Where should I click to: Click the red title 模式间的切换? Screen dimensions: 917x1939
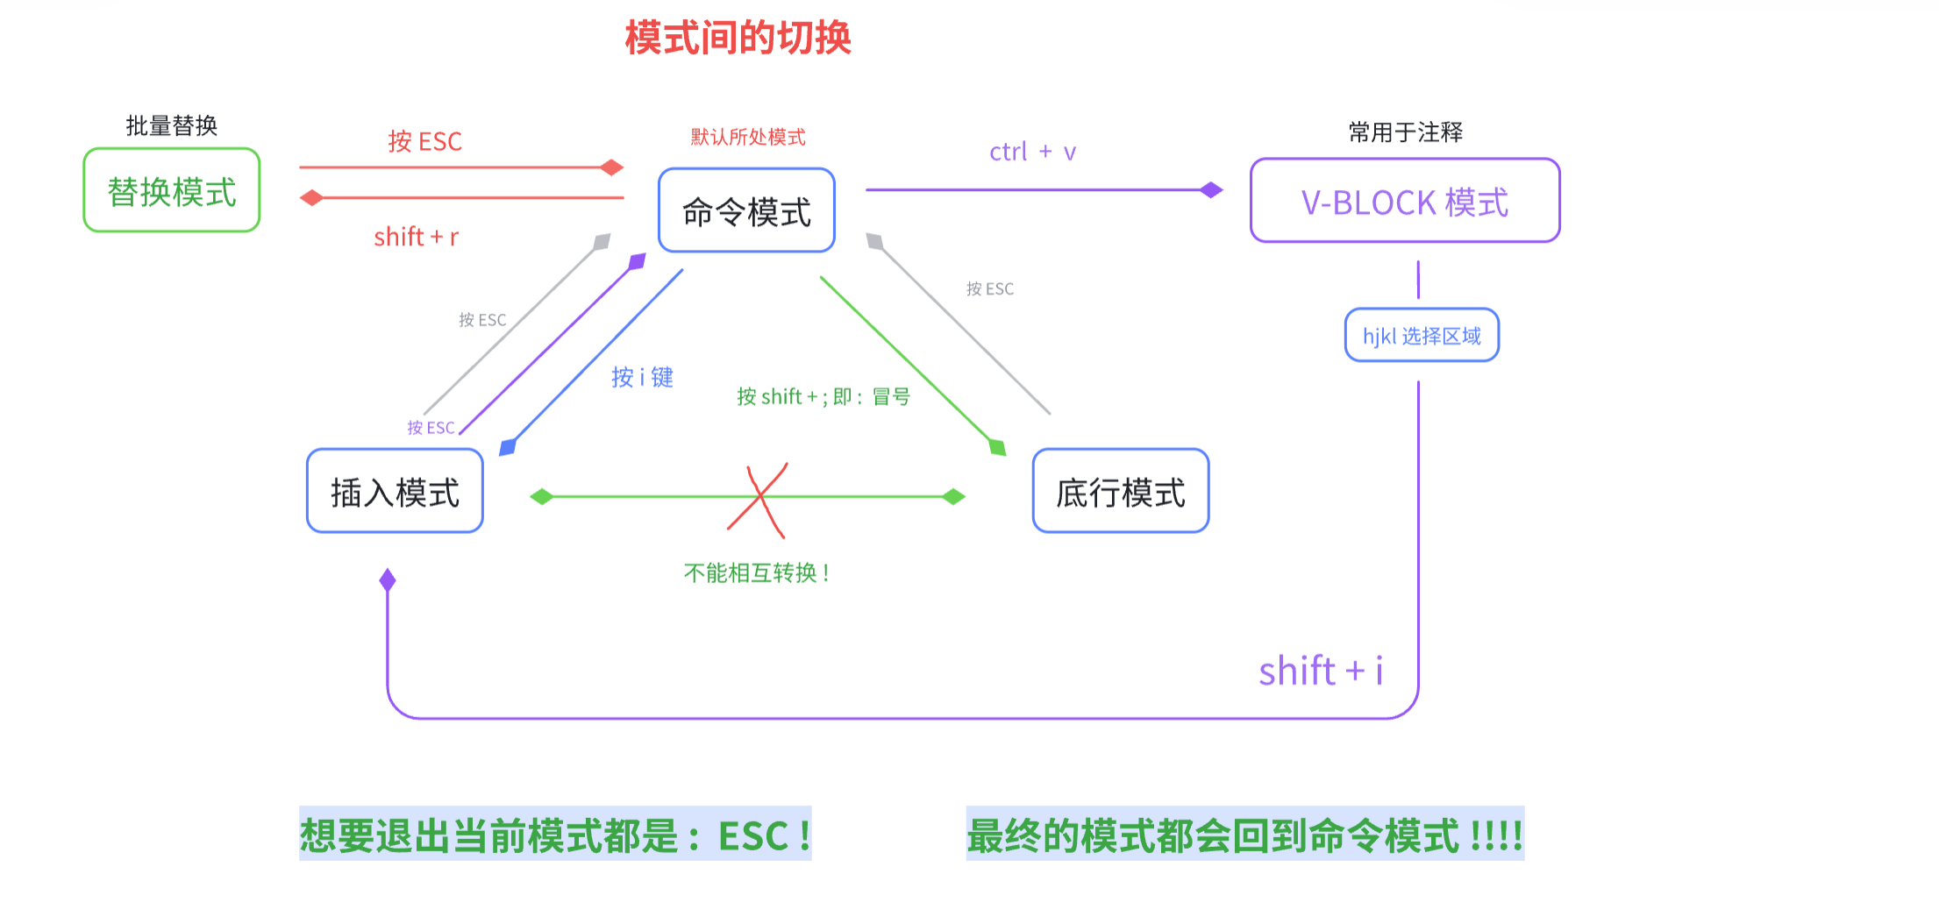point(738,39)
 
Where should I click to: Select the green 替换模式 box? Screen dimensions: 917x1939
point(172,191)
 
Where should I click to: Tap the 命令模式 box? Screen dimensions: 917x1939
point(746,211)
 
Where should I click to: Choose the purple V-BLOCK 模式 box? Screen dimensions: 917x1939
point(1404,202)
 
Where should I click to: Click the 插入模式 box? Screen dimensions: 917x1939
point(395,492)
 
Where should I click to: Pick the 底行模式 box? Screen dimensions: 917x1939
point(1120,492)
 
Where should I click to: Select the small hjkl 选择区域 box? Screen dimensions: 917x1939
point(1422,336)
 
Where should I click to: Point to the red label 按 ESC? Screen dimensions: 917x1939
point(425,141)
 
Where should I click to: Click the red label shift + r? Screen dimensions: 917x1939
point(416,237)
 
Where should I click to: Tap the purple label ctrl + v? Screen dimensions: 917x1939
point(1032,153)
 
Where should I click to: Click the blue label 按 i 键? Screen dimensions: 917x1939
point(642,377)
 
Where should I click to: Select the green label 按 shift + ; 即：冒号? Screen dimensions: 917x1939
point(823,397)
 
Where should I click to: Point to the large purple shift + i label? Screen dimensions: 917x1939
point(1320,672)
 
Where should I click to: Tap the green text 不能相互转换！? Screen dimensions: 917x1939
point(757,573)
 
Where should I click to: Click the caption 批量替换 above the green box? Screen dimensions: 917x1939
point(172,126)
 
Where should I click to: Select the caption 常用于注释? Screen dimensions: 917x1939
point(1405,132)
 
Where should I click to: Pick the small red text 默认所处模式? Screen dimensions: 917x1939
point(748,138)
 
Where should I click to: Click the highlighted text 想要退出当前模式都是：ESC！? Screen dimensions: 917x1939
point(555,835)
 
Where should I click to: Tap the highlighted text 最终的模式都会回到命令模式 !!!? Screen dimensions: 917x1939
point(1244,835)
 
